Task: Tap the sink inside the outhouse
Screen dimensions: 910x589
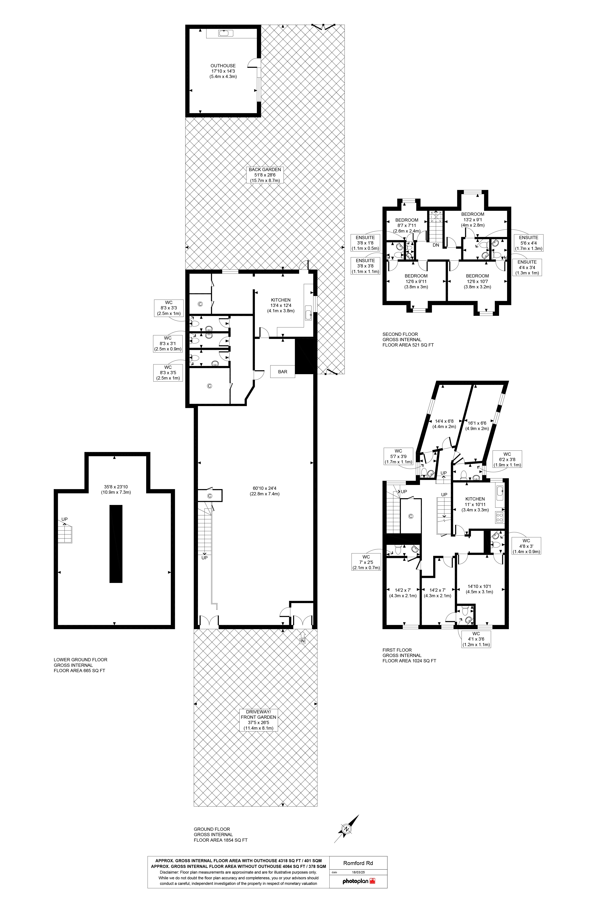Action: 226,33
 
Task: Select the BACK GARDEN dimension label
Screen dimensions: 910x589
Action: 265,175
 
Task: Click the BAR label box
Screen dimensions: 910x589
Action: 283,372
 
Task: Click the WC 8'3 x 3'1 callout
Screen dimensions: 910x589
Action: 168,343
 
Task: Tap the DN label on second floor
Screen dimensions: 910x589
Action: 436,245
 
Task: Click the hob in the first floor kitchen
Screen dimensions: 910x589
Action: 500,518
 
